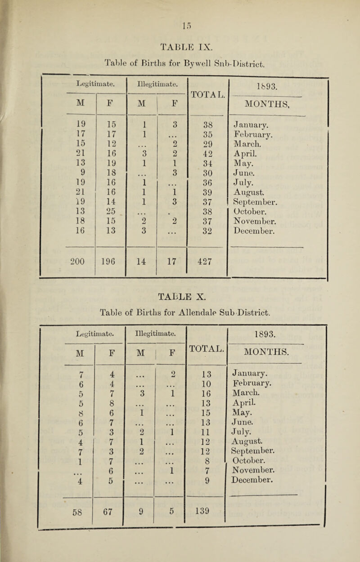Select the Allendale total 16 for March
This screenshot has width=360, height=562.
(203, 398)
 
